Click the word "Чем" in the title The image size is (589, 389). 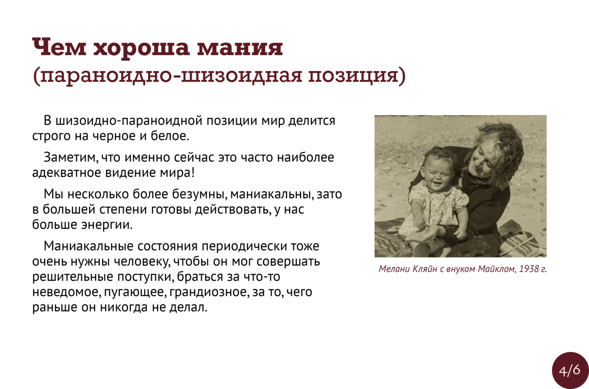(x=59, y=47)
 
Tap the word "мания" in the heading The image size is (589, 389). (x=240, y=48)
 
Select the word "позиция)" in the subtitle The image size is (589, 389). (x=357, y=76)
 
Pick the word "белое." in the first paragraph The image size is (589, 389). (x=170, y=136)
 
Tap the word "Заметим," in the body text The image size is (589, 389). (x=71, y=157)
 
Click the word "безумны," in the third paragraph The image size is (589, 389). (x=199, y=194)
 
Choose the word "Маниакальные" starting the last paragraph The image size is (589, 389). (x=88, y=246)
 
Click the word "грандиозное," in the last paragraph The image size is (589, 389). (x=209, y=292)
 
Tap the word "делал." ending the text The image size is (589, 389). (x=188, y=307)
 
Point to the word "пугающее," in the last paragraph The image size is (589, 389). (x=136, y=292)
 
